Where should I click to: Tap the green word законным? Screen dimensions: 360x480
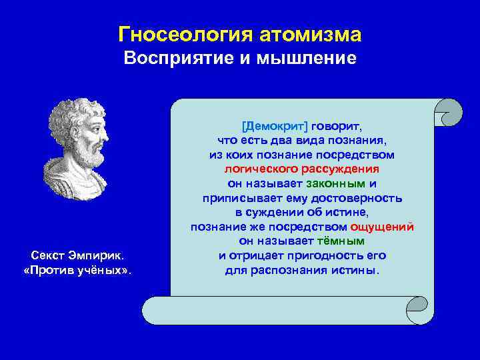coord(336,183)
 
